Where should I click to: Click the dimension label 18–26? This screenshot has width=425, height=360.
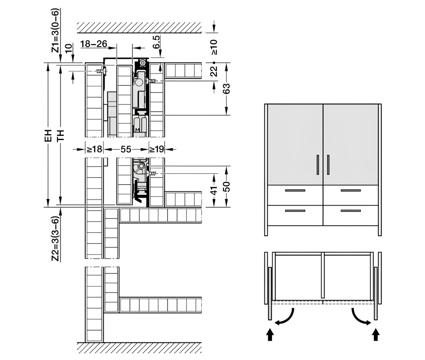94,44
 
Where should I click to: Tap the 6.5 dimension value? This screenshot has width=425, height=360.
157,42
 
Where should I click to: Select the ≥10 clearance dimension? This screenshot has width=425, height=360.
214,47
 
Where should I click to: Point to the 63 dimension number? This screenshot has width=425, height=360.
226,88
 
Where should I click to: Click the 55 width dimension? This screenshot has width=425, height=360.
126,149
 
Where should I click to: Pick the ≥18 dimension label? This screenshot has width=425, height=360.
94,149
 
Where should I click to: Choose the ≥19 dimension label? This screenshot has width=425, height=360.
157,149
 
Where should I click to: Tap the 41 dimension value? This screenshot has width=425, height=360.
214,190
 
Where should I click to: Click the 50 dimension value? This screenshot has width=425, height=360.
226,186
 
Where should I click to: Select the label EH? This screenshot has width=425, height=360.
48,135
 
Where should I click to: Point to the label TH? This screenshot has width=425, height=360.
60,135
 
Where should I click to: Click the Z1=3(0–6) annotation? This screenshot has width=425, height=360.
55,30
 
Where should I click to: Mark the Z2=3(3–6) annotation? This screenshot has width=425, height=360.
55,239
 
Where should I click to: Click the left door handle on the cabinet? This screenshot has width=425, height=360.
318,165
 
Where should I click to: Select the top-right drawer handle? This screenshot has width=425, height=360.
351,191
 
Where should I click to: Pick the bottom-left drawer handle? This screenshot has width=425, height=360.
295,211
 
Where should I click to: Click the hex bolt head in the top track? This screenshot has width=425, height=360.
142,63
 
